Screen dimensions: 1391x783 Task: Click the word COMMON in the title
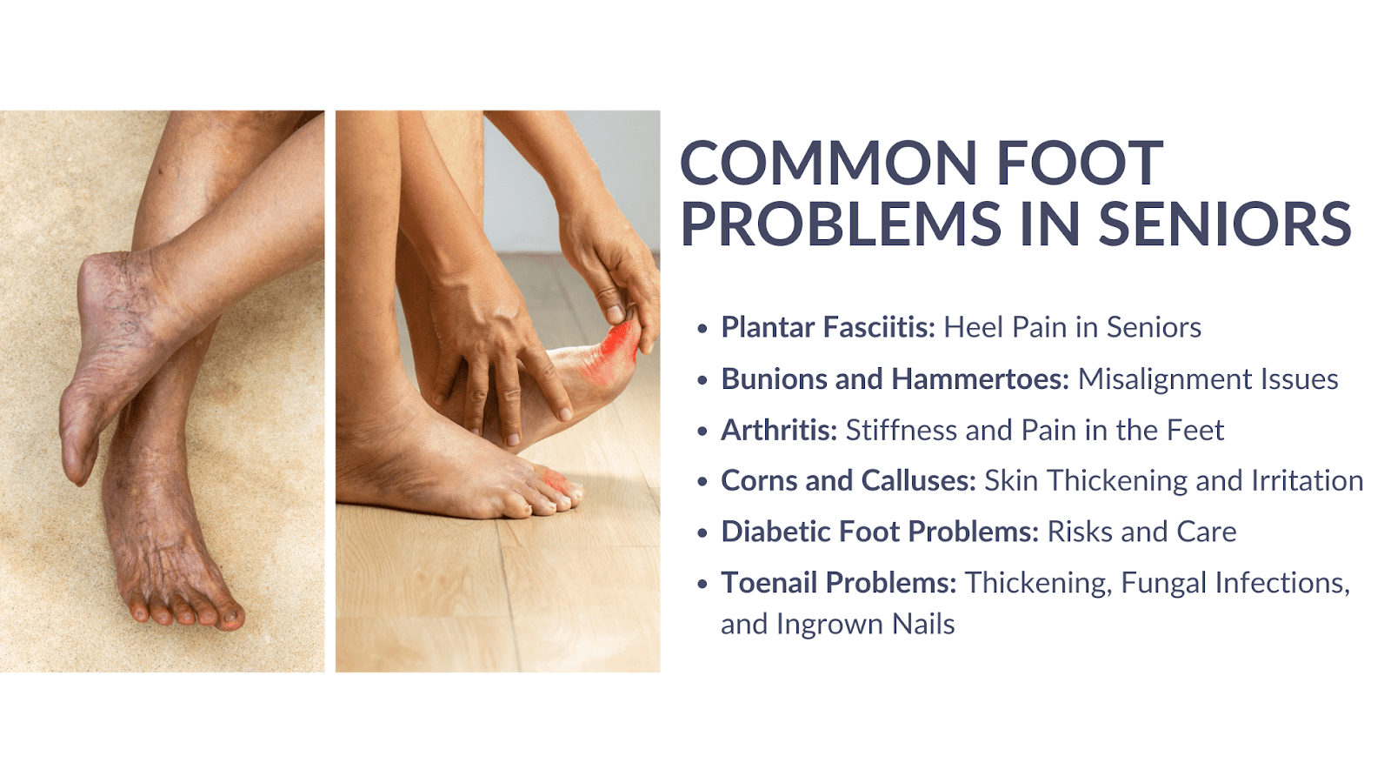pyautogui.click(x=829, y=163)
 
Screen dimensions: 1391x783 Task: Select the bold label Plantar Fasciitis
pyautogui.click(x=829, y=327)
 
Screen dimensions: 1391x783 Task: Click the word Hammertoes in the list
pyautogui.click(x=980, y=378)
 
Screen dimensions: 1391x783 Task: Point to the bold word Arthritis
pyautogui.click(x=779, y=430)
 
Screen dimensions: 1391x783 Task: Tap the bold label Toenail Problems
pyautogui.click(x=839, y=583)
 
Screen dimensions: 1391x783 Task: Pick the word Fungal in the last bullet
pyautogui.click(x=1163, y=584)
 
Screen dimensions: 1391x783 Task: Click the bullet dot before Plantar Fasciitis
pyautogui.click(x=702, y=328)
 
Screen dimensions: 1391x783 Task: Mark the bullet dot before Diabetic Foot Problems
pyautogui.click(x=702, y=532)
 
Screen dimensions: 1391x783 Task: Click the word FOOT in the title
pyautogui.click(x=1080, y=163)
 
